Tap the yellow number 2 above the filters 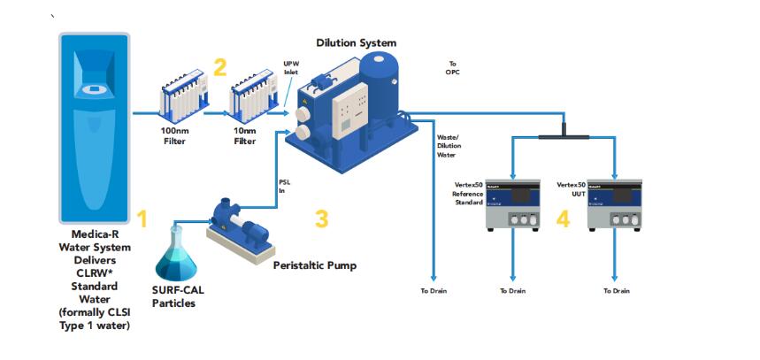[220, 66]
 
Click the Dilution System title [357, 42]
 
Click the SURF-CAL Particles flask [176, 257]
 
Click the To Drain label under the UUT [617, 291]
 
